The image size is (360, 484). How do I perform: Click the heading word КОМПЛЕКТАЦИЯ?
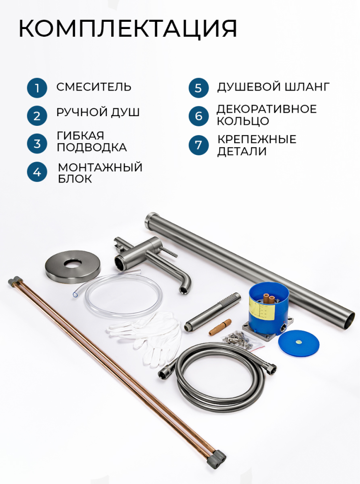128,29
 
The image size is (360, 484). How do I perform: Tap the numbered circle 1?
37,88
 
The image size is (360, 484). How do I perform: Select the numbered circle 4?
37,172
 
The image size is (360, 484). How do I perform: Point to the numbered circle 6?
199,116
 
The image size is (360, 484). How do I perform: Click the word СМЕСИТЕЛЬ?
94,87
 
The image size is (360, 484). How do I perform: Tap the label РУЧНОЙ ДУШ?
98,112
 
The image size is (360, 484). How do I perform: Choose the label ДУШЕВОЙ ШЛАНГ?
273,87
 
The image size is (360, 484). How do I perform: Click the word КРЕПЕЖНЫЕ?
257,139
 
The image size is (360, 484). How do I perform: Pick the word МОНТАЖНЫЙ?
100,167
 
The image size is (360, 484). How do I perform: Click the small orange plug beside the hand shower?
220,328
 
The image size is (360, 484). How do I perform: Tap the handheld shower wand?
212,312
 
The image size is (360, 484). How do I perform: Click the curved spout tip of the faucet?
185,290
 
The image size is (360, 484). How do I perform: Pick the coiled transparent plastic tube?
119,295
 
